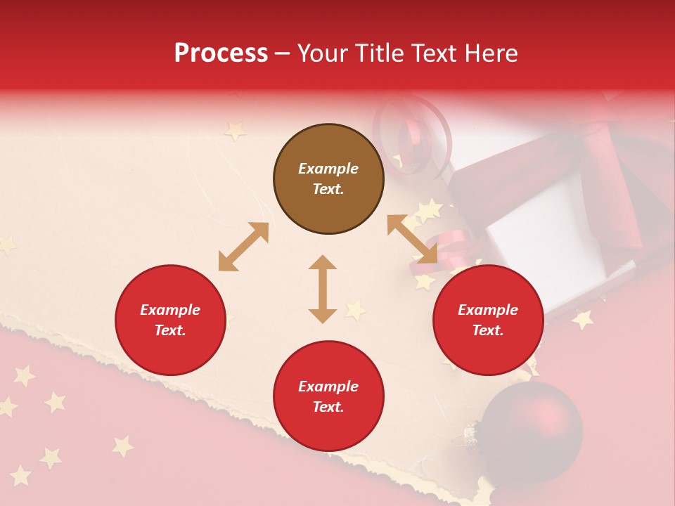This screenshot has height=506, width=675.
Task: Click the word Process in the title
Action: tap(221, 53)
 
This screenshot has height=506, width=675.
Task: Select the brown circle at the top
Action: tap(328, 179)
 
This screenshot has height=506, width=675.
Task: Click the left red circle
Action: tap(170, 320)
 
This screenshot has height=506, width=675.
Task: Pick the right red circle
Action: tap(488, 320)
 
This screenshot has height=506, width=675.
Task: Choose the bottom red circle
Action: tap(328, 396)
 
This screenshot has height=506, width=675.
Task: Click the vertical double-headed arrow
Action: tap(323, 289)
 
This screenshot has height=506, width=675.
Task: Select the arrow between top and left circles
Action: tap(243, 247)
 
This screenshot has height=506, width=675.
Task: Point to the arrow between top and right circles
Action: tap(412, 239)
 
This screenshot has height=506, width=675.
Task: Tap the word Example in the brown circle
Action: tap(328, 169)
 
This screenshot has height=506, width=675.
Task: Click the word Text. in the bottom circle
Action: tap(328, 407)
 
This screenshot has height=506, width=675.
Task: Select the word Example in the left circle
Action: tap(170, 310)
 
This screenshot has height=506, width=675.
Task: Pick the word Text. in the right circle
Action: tap(488, 330)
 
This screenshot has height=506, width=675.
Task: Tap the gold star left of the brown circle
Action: tap(235, 131)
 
